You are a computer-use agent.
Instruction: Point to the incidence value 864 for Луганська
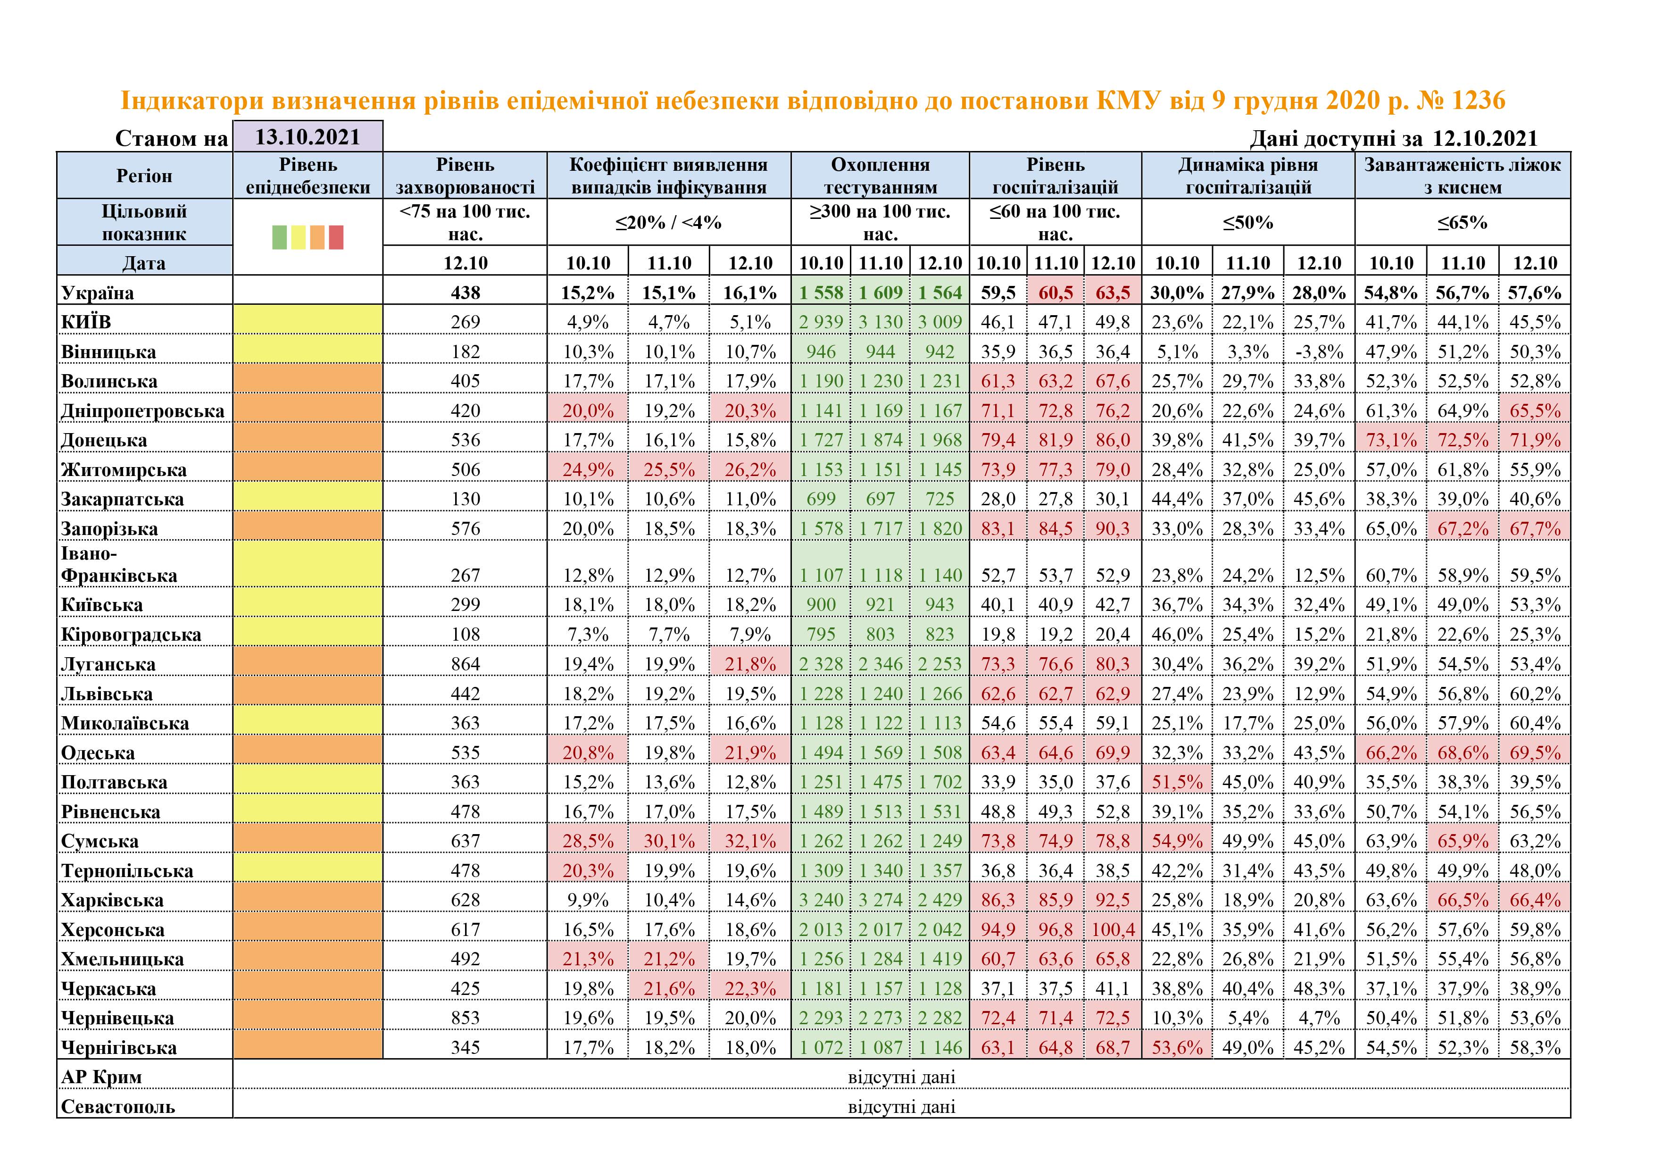pyautogui.click(x=465, y=664)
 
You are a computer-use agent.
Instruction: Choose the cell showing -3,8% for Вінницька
pyautogui.click(x=1318, y=352)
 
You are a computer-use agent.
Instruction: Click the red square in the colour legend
pyautogui.click(x=336, y=237)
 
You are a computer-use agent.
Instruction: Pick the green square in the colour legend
pyautogui.click(x=280, y=237)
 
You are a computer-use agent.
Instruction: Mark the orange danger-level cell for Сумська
pyautogui.click(x=308, y=841)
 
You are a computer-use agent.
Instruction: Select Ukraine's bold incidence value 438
pyautogui.click(x=465, y=292)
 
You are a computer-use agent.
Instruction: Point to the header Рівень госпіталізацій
pyautogui.click(x=1055, y=176)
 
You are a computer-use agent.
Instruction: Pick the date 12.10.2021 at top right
pyautogui.click(x=1485, y=138)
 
